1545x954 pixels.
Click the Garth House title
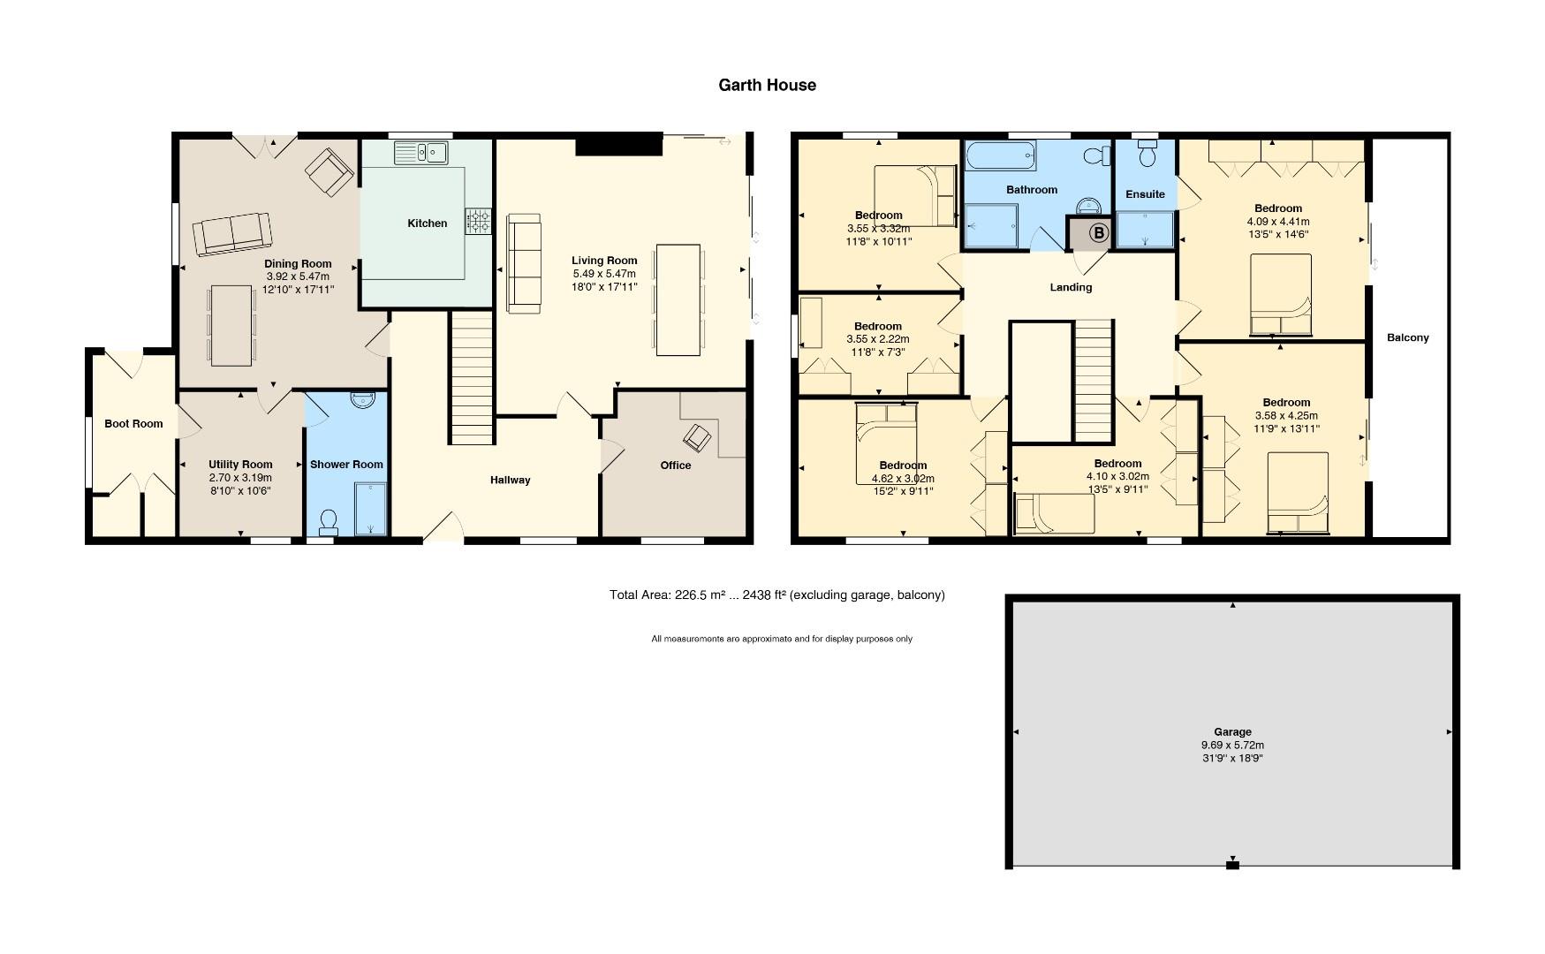click(767, 86)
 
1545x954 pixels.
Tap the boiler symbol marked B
click(1099, 233)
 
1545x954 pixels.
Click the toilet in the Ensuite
click(1147, 155)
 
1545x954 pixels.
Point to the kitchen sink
click(422, 153)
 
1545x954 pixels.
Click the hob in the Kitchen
click(478, 221)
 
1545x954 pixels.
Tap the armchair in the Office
click(697, 436)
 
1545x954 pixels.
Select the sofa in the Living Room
click(523, 262)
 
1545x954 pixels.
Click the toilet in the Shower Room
click(329, 521)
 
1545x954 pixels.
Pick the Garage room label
click(1231, 731)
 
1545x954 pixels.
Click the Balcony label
click(1407, 337)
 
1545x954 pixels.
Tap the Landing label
click(1071, 287)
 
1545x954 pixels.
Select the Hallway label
click(511, 480)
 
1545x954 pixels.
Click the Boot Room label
click(133, 423)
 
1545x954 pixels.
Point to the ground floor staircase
click(472, 378)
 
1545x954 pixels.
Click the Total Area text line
click(776, 594)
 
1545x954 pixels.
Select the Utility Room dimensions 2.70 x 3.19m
click(240, 478)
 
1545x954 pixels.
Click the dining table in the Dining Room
click(231, 324)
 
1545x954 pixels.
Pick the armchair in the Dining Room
click(328, 171)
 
